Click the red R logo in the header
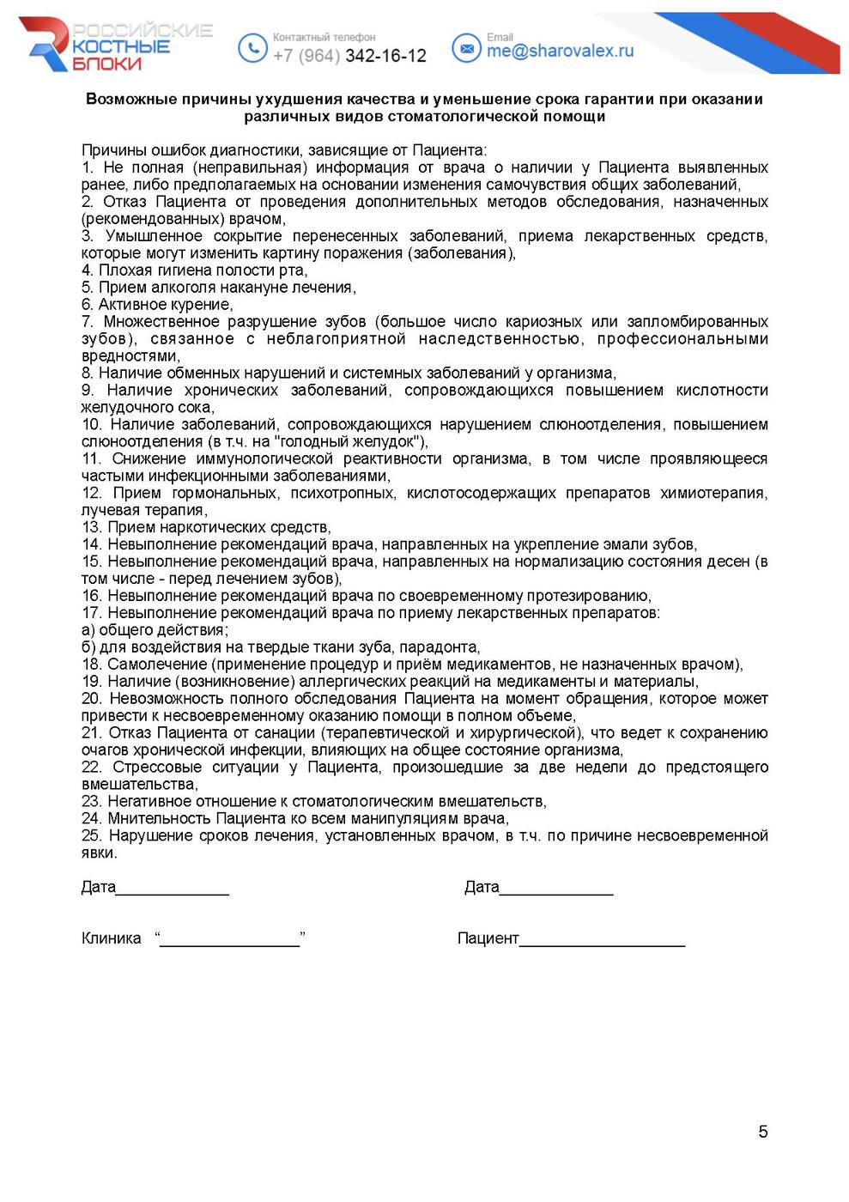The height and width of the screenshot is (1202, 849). (x=48, y=43)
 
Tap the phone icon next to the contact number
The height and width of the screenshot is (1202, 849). (x=252, y=48)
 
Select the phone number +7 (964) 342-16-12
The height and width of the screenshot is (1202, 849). (x=349, y=56)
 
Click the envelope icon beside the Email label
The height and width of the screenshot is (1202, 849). (x=466, y=48)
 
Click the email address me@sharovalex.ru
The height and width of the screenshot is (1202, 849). (x=560, y=51)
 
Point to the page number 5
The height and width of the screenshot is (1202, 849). (x=762, y=1132)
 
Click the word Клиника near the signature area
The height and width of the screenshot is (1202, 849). (x=111, y=938)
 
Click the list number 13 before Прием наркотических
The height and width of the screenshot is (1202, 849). (x=91, y=527)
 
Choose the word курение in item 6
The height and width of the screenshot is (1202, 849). (x=203, y=305)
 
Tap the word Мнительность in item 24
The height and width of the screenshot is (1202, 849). (x=160, y=818)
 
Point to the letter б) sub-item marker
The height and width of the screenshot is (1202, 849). (x=88, y=647)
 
